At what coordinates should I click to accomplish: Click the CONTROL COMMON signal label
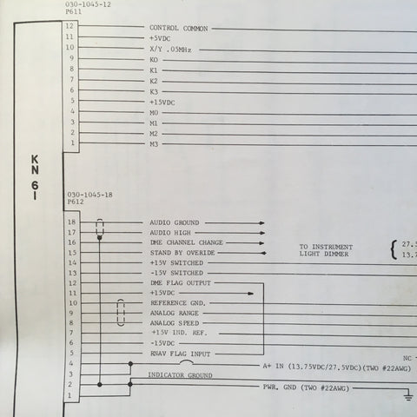tap(179, 29)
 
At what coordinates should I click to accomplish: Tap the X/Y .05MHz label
tap(170, 50)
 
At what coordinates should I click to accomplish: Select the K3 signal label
tap(154, 92)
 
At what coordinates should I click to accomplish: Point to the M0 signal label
tap(154, 113)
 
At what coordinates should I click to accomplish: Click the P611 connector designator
tap(74, 11)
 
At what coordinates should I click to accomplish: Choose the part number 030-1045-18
tap(89, 195)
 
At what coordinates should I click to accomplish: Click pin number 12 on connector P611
tap(69, 26)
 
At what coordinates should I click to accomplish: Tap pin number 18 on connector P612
tap(71, 222)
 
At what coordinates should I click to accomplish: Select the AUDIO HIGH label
tap(170, 233)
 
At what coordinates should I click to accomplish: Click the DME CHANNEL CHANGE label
tap(187, 242)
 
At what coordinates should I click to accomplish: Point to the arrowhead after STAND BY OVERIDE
tap(263, 253)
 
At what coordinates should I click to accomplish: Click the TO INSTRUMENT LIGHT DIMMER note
tap(326, 250)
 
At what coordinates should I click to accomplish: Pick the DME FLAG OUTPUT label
tap(181, 283)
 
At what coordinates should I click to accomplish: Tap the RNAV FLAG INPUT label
tap(180, 354)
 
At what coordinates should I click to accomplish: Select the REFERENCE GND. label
tap(178, 303)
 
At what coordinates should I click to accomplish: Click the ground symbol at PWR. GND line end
tap(408, 395)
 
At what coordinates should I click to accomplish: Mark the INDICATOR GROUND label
tap(180, 375)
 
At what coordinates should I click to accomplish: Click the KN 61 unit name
tap(35, 177)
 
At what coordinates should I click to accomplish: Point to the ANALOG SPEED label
tap(175, 323)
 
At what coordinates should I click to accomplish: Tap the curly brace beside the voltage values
tap(394, 250)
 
